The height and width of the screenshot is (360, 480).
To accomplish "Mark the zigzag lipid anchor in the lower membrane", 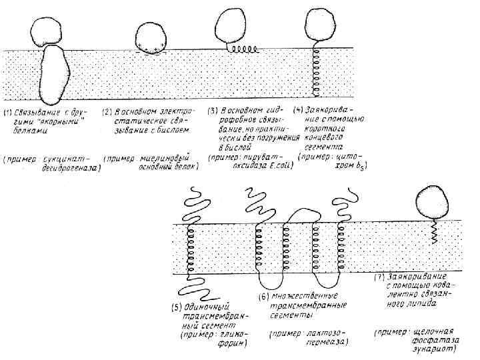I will [x=434, y=233].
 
